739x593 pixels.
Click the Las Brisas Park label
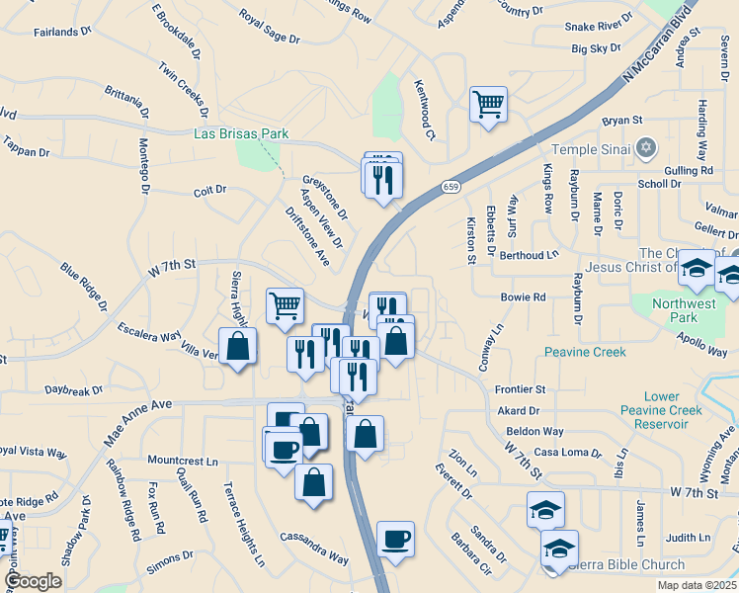240,134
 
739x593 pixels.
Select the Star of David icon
647,149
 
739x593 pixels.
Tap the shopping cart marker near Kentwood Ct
489,104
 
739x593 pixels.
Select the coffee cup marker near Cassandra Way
395,540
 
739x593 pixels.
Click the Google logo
33,581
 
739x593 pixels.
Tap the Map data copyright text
696,585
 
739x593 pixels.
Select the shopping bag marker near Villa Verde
237,346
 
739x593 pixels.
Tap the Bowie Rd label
523,296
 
